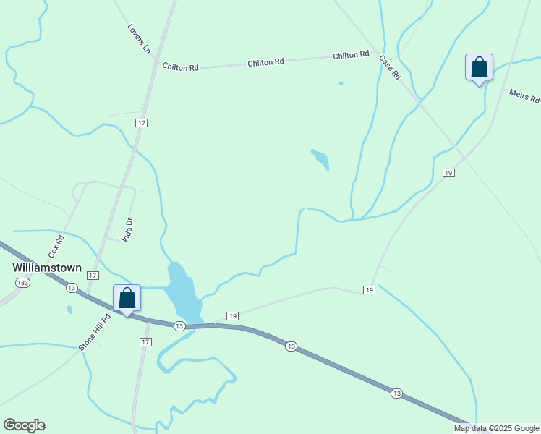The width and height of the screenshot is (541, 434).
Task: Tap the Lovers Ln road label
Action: pos(139,39)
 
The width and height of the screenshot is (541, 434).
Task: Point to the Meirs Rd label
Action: pos(524,96)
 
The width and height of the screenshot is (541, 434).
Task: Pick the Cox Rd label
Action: pos(56,247)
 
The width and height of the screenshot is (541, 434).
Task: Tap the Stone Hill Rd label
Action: pos(95,332)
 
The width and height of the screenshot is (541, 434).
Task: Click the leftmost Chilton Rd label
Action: pos(181,67)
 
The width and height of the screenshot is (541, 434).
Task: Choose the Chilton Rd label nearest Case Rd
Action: pos(351,56)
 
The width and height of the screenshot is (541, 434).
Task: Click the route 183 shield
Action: pos(23,282)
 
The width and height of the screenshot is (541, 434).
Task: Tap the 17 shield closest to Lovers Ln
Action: pos(141,123)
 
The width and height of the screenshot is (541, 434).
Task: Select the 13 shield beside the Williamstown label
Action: pos(71,287)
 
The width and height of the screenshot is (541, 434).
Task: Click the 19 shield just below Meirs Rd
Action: pos(448,172)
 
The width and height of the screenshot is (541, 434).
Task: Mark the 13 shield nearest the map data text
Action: pos(396,393)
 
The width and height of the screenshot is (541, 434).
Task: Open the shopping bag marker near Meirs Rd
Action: pos(479,68)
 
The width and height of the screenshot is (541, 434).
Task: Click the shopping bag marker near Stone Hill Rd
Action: pos(127,298)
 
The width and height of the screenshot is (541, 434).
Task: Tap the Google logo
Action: pos(24,425)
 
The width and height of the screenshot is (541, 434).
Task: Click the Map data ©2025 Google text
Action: pos(497,428)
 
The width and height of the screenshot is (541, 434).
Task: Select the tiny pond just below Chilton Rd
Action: pos(341,83)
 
